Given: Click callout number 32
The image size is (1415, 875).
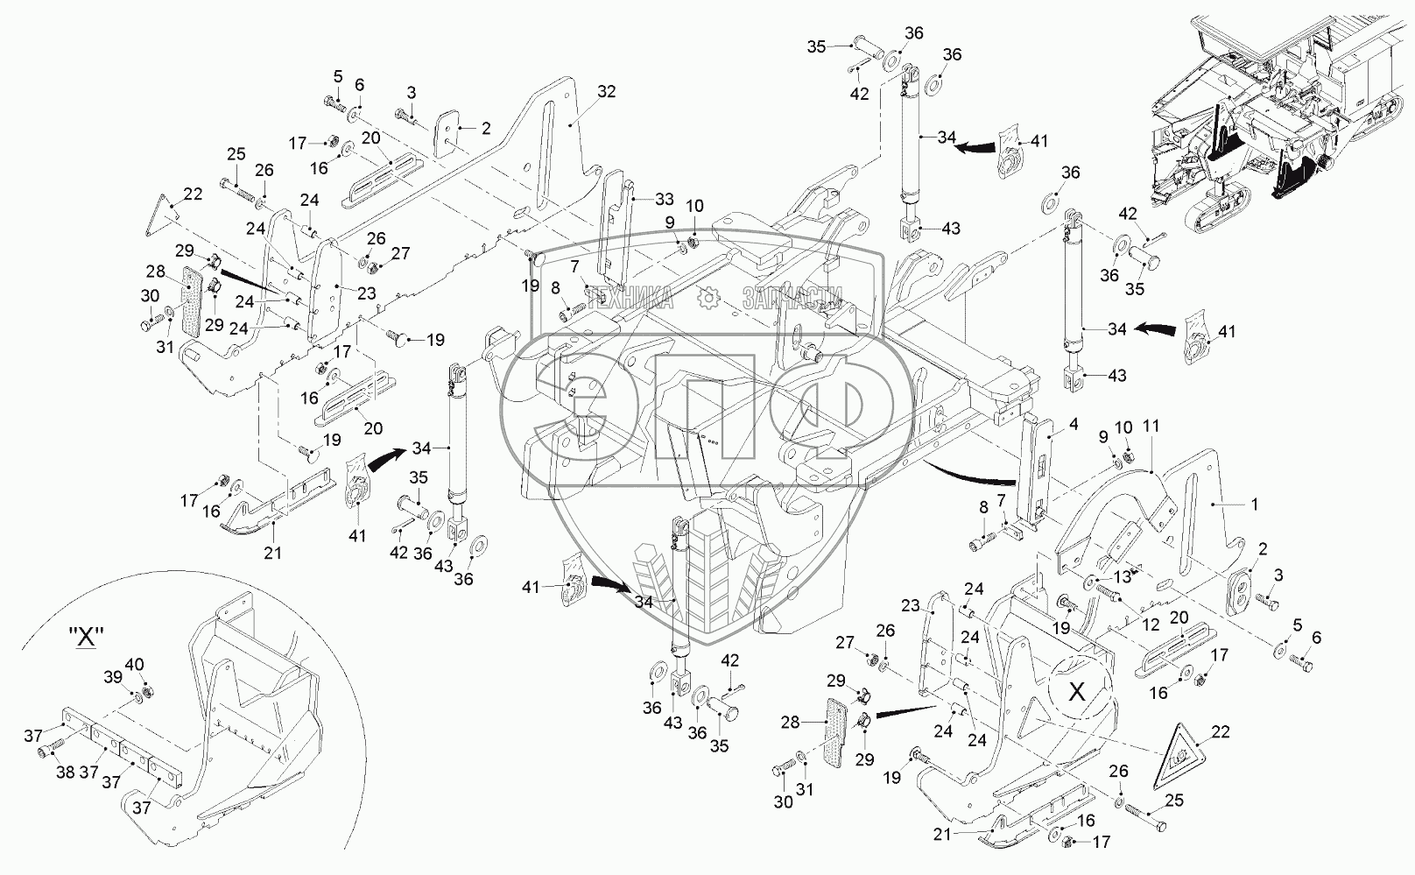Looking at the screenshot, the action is pos(606,92).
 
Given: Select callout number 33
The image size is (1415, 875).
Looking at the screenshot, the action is pos(664,200).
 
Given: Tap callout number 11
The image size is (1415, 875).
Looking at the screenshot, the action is pos(1151,427).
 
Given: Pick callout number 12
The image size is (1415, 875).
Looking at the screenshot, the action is pos(1151,624).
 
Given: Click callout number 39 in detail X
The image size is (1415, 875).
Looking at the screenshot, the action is pos(113,677).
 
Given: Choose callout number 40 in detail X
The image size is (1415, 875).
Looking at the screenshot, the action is pos(135,664).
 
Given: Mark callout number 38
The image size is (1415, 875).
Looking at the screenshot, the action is pos(65,772).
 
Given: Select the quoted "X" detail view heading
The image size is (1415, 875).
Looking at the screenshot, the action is pos(86,638).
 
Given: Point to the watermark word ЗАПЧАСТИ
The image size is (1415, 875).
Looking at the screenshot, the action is pos(792,298).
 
